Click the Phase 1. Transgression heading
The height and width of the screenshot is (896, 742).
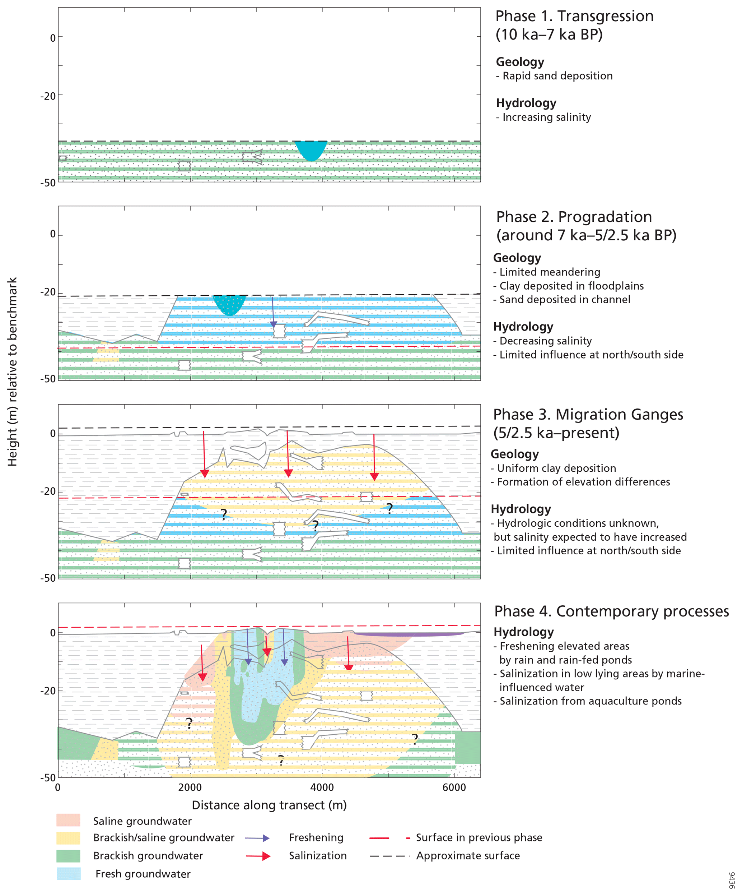(x=574, y=16)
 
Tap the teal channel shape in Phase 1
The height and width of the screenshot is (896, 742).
(x=311, y=149)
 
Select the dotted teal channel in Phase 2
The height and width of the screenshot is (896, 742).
(x=229, y=304)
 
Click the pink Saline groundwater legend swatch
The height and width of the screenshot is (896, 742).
(x=68, y=820)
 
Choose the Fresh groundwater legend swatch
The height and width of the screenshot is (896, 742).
(x=68, y=873)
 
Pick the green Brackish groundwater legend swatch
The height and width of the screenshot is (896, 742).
(x=68, y=855)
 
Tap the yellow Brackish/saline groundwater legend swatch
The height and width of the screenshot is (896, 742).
(x=68, y=837)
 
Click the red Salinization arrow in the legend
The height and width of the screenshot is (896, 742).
(x=258, y=856)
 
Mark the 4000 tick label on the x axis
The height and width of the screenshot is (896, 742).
(x=322, y=788)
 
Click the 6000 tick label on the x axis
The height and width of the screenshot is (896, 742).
(x=454, y=788)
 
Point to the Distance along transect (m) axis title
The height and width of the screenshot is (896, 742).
(x=269, y=805)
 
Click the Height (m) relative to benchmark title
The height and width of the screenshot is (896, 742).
(x=12, y=371)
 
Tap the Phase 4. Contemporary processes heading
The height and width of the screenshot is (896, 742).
(x=611, y=611)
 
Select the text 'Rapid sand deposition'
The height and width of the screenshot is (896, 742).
(x=557, y=76)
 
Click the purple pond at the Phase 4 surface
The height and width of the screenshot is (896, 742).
(x=409, y=634)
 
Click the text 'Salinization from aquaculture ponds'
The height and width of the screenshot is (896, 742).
(x=590, y=701)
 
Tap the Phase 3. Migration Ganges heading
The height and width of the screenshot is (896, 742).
(x=588, y=414)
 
